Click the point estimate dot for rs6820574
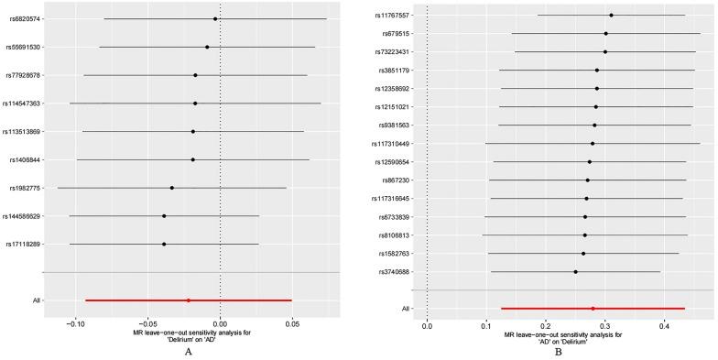(x=215, y=18)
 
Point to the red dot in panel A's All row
(x=189, y=300)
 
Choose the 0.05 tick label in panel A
(x=292, y=323)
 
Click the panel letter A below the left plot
(x=188, y=351)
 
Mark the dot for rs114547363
(x=195, y=104)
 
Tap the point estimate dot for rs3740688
(x=575, y=272)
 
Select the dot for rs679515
(x=605, y=33)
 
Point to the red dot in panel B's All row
(x=593, y=309)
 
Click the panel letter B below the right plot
(x=558, y=352)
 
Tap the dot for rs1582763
(x=582, y=253)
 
